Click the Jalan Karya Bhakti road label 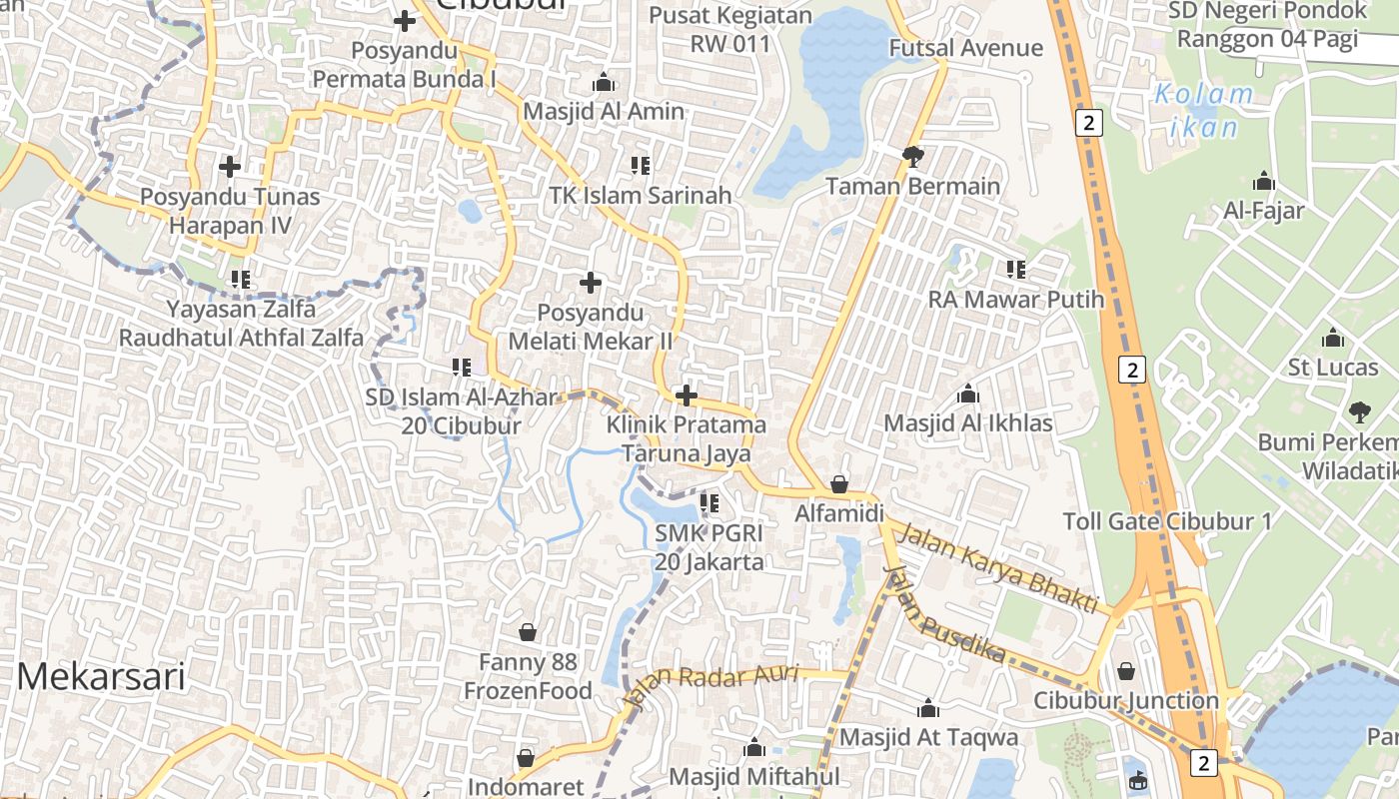pyautogui.click(x=998, y=568)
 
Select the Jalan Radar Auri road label pyautogui.click(x=711, y=683)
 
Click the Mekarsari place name pyautogui.click(x=101, y=676)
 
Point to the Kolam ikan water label pyautogui.click(x=1203, y=110)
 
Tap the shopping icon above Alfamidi pyautogui.click(x=839, y=484)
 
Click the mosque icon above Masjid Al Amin pyautogui.click(x=603, y=82)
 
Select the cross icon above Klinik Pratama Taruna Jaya pyautogui.click(x=686, y=396)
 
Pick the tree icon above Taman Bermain pyautogui.click(x=912, y=156)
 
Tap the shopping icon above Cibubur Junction pyautogui.click(x=1126, y=671)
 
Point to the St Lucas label pyautogui.click(x=1332, y=368)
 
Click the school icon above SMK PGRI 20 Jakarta pyautogui.click(x=709, y=503)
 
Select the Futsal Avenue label pyautogui.click(x=965, y=48)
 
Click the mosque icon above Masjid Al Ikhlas pyautogui.click(x=967, y=395)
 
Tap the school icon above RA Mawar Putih pyautogui.click(x=1016, y=270)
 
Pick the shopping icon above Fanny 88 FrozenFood pyautogui.click(x=528, y=632)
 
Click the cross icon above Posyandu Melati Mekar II pyautogui.click(x=591, y=283)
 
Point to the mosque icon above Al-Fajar pyautogui.click(x=1263, y=182)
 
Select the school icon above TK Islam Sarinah pyautogui.click(x=641, y=166)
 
